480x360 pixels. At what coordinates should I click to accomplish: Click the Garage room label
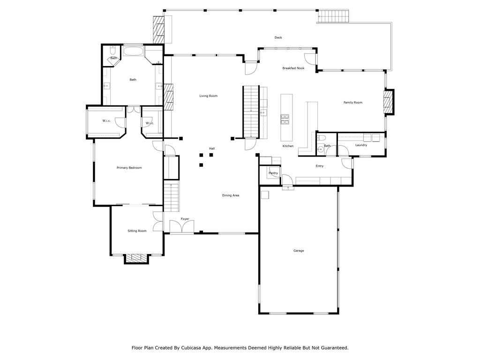click(299, 251)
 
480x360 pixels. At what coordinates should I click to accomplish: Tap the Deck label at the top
click(278, 37)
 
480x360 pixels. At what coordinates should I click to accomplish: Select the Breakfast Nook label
click(293, 68)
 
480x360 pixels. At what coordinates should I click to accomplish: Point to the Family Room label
click(352, 103)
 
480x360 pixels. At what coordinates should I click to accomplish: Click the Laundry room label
click(361, 145)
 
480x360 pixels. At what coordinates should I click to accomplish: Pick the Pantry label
click(273, 173)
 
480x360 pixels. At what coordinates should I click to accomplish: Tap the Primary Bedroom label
click(129, 168)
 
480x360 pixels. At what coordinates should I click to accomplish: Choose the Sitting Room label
click(137, 231)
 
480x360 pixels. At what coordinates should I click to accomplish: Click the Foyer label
click(185, 219)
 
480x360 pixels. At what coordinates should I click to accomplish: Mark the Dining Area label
click(231, 195)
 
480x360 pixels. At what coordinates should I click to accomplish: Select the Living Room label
click(208, 96)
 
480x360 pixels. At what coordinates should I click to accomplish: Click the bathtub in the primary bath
click(133, 51)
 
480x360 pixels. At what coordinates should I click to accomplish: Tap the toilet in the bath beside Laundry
click(321, 139)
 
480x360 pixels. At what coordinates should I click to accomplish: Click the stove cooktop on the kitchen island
click(285, 119)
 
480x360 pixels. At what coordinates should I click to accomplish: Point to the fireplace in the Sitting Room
click(136, 258)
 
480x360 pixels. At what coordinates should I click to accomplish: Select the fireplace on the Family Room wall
click(388, 102)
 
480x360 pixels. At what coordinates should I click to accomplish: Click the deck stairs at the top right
click(334, 16)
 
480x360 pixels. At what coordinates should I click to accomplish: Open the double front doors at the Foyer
click(181, 227)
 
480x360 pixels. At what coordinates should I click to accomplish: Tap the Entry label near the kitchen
click(319, 166)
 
